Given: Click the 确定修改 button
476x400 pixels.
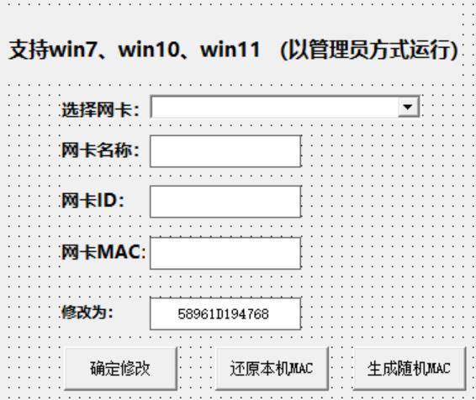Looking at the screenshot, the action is point(121,368).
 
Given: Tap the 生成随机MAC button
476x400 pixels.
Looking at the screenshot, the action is point(410,368).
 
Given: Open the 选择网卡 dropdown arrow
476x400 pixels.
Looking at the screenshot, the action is point(408,107).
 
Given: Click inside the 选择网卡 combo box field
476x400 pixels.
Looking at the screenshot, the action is point(275,107).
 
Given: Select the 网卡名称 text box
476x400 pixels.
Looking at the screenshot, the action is point(225,151).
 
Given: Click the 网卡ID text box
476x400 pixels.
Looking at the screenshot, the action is point(225,202).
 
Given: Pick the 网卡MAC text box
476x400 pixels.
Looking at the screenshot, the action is point(225,253).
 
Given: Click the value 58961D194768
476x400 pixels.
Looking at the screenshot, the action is point(223,314).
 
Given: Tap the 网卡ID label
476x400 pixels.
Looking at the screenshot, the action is point(93,201).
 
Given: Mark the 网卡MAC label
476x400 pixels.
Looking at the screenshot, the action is point(103,252).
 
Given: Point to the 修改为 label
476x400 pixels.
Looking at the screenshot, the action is point(87,312).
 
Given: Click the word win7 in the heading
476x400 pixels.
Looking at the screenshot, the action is point(72,50).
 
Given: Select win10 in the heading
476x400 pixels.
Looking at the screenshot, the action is point(149,50).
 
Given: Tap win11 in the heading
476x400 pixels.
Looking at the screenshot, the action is point(230,50).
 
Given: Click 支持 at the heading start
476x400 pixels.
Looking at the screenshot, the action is point(29,50).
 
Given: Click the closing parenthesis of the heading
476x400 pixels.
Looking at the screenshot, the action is point(454,50).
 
